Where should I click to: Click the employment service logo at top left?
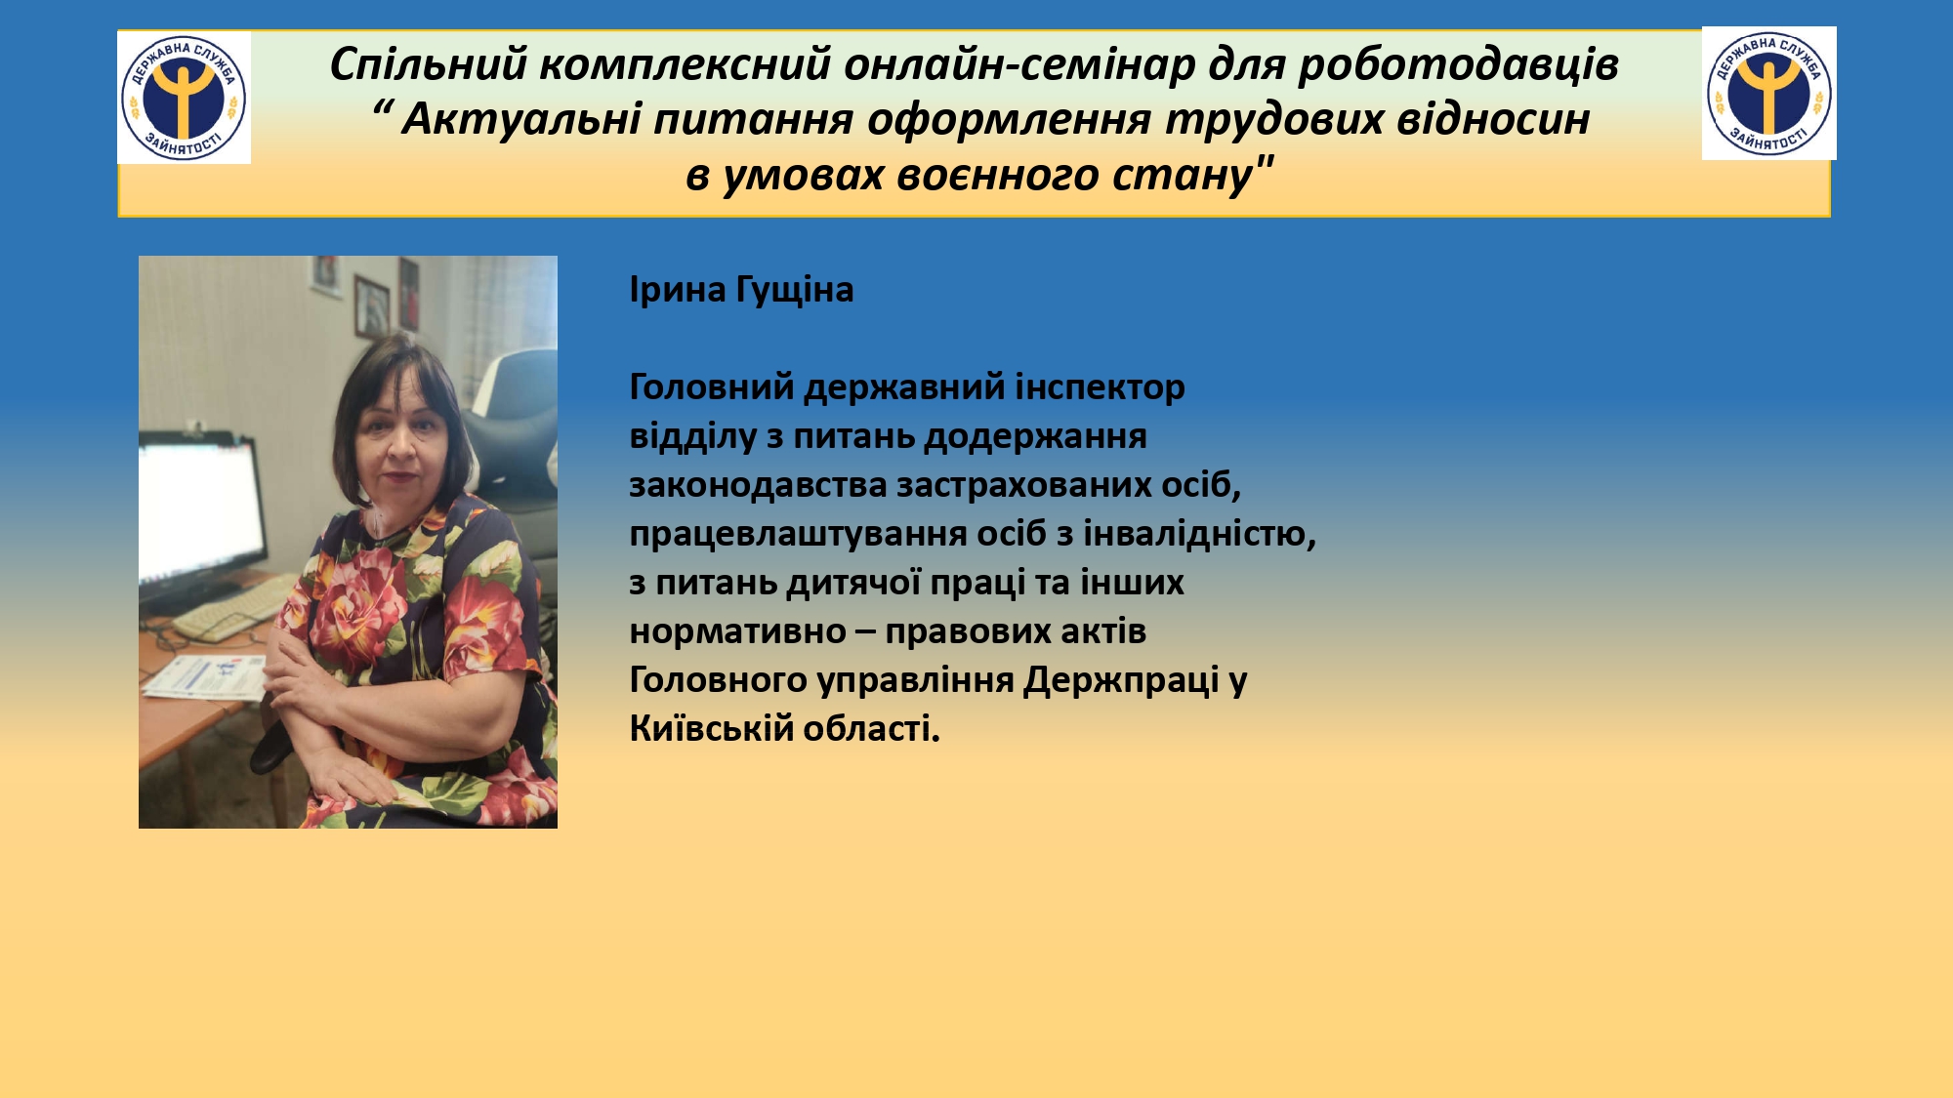click(184, 98)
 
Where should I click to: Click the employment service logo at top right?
click(1768, 93)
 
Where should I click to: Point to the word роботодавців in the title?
click(1458, 64)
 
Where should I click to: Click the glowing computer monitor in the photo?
click(202, 512)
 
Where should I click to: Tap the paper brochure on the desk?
click(204, 676)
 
